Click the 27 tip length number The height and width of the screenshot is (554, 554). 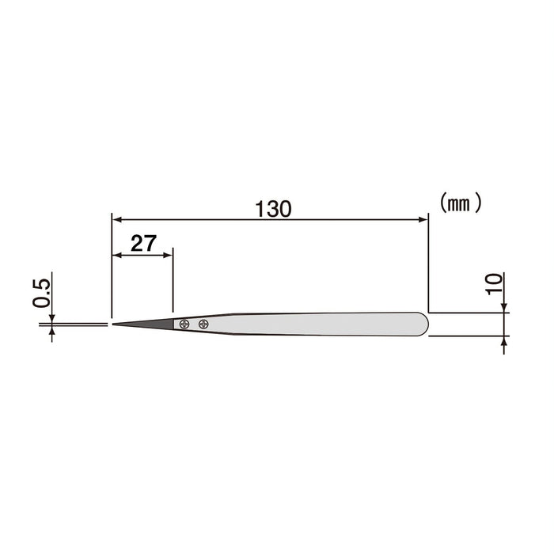click(143, 244)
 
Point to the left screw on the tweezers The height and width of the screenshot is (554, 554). click(184, 323)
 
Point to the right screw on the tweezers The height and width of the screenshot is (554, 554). click(203, 323)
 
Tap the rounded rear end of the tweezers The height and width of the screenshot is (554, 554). click(423, 323)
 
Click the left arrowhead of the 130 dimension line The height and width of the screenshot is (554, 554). click(116, 219)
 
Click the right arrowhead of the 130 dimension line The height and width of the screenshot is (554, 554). click(423, 219)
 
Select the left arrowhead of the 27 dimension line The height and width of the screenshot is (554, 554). click(116, 255)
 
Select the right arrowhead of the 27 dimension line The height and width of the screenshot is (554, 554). click(168, 255)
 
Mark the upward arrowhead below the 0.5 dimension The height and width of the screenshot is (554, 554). click(52, 330)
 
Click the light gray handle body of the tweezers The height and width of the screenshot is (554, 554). click(317, 324)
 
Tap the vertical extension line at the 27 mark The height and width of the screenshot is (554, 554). click(172, 285)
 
